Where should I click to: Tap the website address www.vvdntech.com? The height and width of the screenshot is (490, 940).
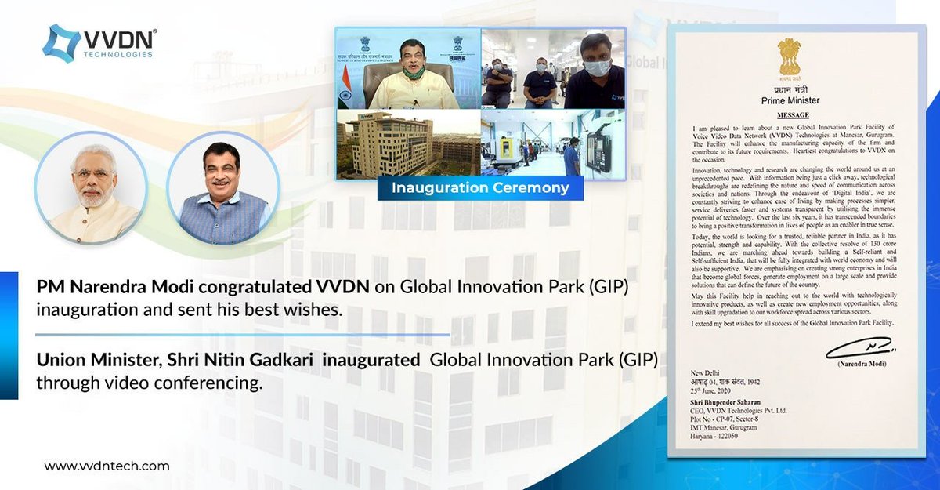pyautogui.click(x=107, y=466)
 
